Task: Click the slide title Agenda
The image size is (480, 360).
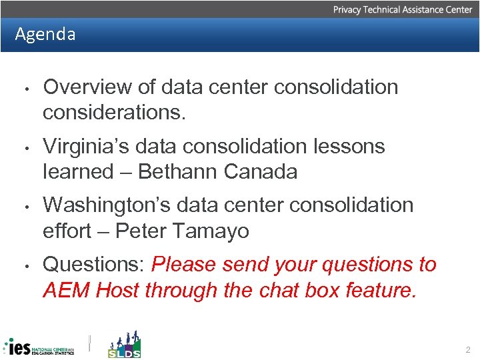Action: tap(45, 34)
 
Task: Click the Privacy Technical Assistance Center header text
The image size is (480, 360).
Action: tap(402, 9)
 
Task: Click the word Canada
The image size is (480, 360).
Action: tap(261, 171)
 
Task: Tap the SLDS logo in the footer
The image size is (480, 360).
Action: tap(125, 345)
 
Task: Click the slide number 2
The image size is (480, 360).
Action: tap(467, 349)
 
